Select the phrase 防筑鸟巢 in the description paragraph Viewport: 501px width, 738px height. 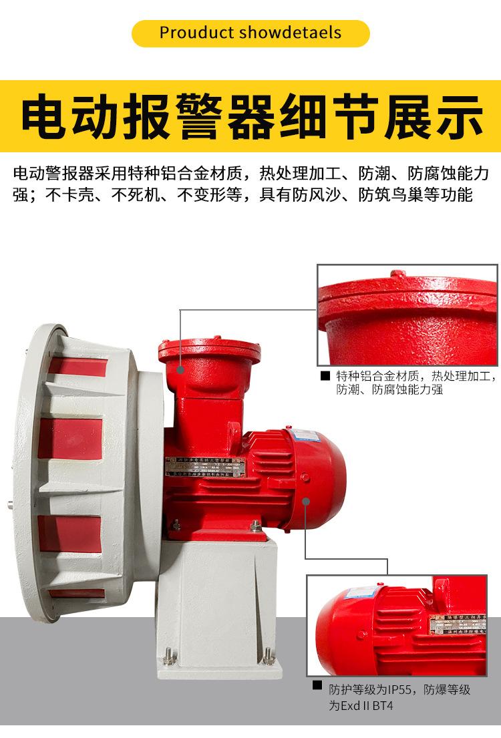[x=383, y=195]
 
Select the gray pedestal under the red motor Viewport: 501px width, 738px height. [x=217, y=588]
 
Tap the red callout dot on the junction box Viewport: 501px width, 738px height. [x=180, y=367]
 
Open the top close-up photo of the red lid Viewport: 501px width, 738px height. [x=407, y=314]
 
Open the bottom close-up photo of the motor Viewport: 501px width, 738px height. [x=397, y=624]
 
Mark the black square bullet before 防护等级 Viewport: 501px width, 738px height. [x=317, y=686]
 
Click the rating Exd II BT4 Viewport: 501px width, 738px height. [x=369, y=705]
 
